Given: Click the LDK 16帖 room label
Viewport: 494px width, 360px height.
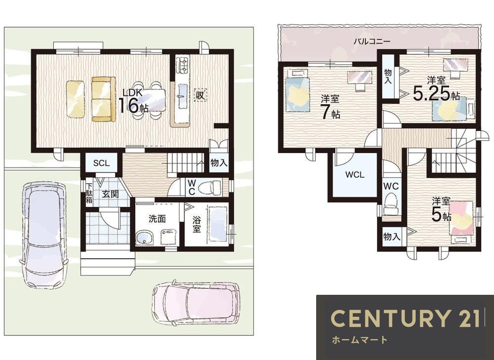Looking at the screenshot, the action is pos(133,101).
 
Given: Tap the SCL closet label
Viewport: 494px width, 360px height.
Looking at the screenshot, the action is pos(101,163).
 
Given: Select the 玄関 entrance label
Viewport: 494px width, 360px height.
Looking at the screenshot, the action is pos(110,194).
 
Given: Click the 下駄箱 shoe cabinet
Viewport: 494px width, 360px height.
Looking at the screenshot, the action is pos(89,193).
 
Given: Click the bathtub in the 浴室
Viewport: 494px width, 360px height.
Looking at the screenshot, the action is pos(218,224).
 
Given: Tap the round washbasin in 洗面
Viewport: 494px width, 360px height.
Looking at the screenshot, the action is pos(144,238).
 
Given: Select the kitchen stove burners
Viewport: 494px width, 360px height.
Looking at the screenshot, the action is pos(182,65).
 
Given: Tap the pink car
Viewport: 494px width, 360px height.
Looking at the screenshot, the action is pos(195,303).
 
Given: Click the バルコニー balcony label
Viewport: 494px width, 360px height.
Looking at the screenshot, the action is pos(372,41).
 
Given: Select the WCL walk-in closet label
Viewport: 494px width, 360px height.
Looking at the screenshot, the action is pos(355,174).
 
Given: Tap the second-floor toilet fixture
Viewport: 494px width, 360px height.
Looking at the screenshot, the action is pos(391,204).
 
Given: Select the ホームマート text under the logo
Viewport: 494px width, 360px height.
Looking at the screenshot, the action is pos(359,340).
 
